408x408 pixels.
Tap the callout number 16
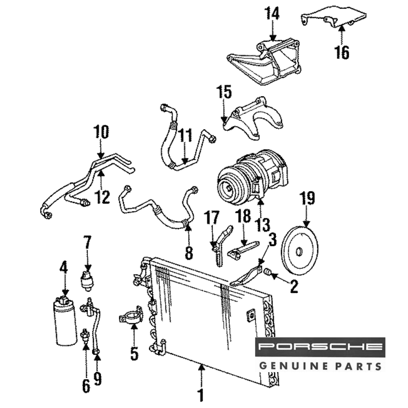tap(342, 52)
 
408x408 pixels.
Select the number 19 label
tap(307, 199)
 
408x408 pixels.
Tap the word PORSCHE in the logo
tap(320, 347)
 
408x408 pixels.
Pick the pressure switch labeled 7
tap(87, 280)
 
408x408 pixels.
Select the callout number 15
tap(224, 93)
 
